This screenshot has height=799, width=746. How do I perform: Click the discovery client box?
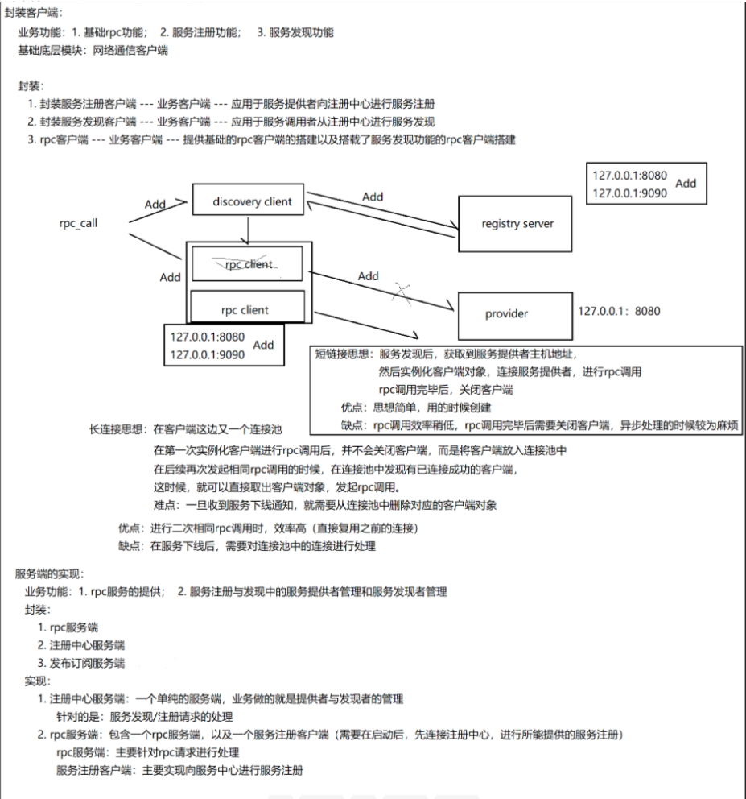pos(252,201)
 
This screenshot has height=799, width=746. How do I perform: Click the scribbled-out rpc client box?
pos(249,263)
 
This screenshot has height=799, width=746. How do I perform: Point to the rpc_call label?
pos(78,223)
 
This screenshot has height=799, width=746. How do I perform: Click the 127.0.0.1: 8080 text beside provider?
pos(619,309)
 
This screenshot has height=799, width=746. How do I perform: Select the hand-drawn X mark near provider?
pos(402,294)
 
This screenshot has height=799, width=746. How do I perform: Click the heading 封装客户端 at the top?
pos(33,12)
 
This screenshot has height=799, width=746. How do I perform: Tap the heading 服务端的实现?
pos(49,573)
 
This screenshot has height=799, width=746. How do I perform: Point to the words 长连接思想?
pos(118,431)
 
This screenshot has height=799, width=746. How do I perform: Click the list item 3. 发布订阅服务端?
pos(81,663)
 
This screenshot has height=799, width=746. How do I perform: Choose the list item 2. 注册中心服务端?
pos(81,645)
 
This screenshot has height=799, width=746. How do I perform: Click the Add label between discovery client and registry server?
pos(373,197)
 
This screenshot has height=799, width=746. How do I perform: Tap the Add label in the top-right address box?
pos(686,183)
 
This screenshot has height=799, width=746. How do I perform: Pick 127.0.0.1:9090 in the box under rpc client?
pos(207,353)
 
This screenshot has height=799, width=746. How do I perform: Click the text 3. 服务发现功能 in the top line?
pos(295,32)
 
